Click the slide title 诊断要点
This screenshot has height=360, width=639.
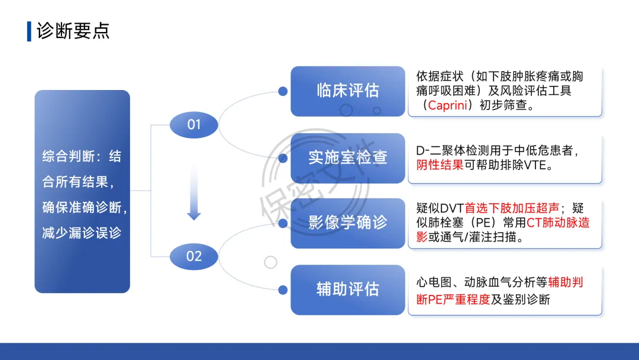pos(73,31)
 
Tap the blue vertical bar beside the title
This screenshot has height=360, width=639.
pos(29,31)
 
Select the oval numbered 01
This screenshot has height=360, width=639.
pos(194,124)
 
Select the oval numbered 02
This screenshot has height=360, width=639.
pos(194,256)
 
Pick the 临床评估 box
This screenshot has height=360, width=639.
pos(347,91)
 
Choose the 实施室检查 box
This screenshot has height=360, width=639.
pos(347,157)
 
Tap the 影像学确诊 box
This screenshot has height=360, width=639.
pos(347,223)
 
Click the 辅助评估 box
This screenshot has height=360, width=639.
pos(347,290)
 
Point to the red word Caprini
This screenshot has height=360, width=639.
pos(451,106)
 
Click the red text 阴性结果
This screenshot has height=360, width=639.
pos(440,165)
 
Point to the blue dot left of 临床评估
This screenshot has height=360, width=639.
pos(283,91)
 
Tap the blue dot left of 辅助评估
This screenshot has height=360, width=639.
pos(283,290)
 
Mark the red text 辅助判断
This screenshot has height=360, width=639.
pos(566,282)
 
